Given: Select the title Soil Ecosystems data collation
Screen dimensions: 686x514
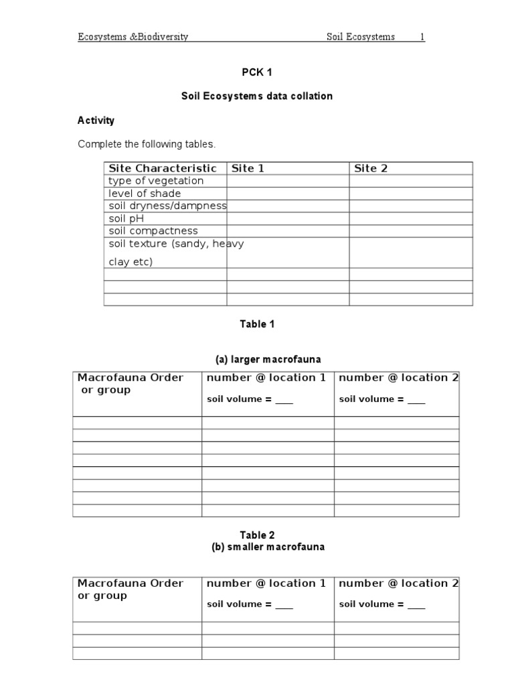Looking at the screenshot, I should point(257,96).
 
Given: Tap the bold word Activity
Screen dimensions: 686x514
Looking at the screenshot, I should point(96,121).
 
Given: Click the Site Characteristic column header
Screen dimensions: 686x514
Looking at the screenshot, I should point(163,168).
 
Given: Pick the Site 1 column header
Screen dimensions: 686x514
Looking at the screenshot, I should point(248,168).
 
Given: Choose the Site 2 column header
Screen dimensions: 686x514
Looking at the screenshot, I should point(371,168).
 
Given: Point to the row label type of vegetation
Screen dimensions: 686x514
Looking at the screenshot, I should point(156,181).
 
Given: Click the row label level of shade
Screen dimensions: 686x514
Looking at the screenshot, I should point(145,194).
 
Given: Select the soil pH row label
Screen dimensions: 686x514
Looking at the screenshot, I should point(126,218).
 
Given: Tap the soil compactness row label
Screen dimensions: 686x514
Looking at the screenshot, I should point(153,231).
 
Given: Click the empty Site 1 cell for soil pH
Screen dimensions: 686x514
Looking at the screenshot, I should point(288,218).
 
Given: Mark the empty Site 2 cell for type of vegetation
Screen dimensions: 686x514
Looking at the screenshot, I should point(410,181).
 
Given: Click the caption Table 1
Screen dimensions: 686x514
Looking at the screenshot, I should point(257,324).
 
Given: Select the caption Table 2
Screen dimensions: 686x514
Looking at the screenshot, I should point(257,535).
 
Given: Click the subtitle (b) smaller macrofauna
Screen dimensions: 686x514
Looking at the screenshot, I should point(268,547).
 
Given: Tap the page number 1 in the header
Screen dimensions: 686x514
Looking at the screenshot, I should point(422,37).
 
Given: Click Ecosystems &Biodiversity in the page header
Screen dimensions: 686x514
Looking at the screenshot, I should point(133,37).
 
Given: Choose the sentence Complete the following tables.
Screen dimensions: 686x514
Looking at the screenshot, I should point(147,144).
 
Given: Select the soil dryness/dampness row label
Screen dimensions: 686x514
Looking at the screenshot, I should point(168,206).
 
